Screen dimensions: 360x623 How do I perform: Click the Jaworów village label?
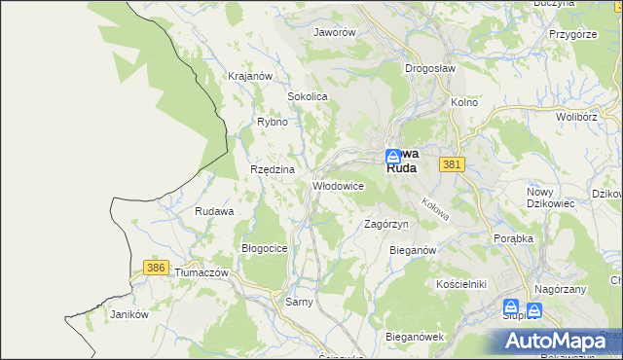point(334,31)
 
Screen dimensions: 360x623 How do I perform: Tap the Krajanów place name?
point(247,76)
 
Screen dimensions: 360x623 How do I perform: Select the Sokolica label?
point(307,97)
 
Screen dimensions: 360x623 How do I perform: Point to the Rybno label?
point(272,122)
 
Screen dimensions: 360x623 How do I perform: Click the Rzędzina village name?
point(272,168)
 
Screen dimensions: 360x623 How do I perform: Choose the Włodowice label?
point(338,185)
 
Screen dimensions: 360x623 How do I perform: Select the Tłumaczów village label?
point(201,273)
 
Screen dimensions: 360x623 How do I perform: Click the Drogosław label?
point(429,69)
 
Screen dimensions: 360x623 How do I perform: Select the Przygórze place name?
point(572,33)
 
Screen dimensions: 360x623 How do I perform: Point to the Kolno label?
point(463,101)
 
